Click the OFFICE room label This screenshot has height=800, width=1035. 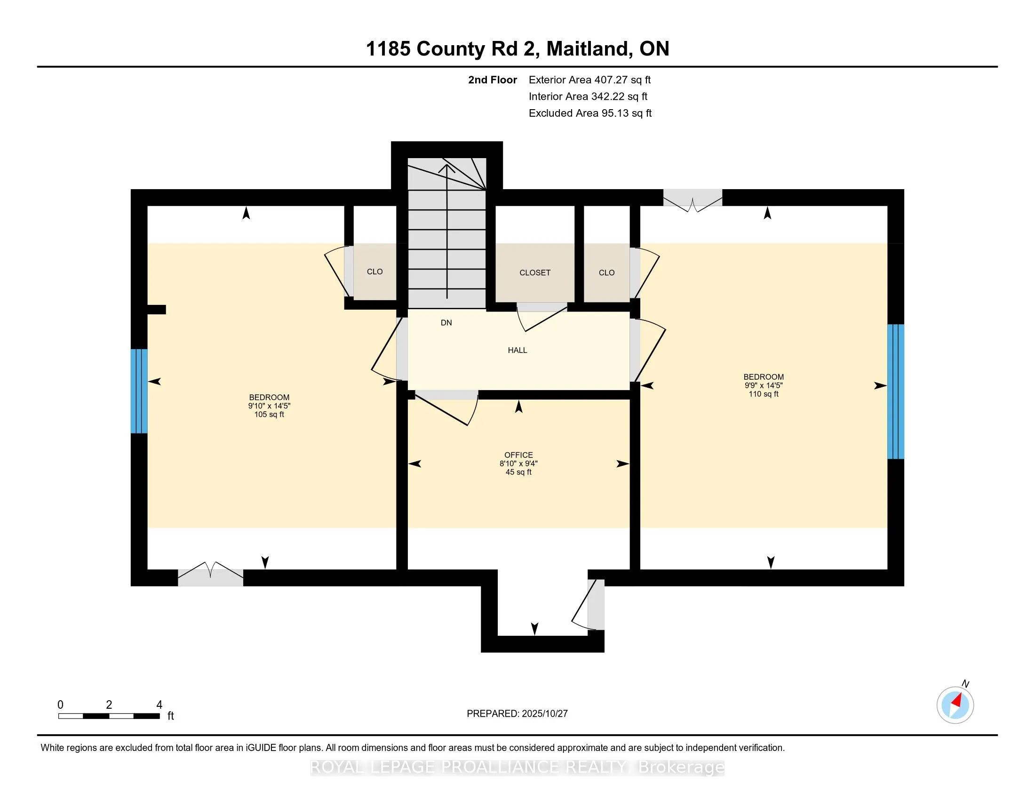(518, 455)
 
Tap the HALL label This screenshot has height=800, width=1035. (517, 350)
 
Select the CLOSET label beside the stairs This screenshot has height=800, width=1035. (534, 272)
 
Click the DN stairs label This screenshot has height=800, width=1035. (446, 323)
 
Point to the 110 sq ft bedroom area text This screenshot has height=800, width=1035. (763, 394)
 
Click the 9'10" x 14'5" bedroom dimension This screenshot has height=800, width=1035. (269, 406)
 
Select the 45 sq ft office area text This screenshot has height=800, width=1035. (518, 472)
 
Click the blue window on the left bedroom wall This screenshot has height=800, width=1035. (139, 391)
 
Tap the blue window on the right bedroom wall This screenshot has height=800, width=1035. (895, 392)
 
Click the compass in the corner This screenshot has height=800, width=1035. (955, 705)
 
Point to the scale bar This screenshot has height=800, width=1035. (109, 716)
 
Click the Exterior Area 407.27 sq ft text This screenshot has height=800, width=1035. (589, 80)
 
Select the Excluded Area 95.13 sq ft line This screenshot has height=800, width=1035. (590, 113)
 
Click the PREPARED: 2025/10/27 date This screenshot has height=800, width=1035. (517, 713)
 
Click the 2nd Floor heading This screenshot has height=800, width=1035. (492, 80)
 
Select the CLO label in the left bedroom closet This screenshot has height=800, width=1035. (374, 272)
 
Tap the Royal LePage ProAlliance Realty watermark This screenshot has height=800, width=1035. (517, 767)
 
